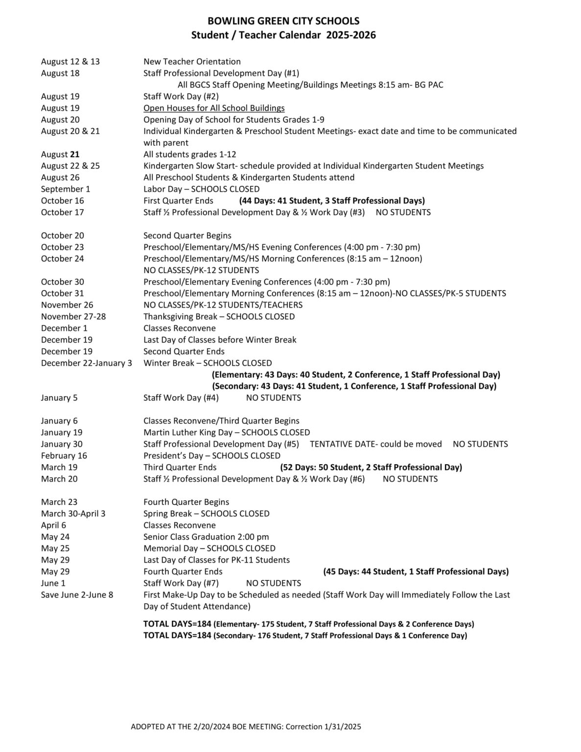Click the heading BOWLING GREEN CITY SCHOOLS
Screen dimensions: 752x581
(x=283, y=21)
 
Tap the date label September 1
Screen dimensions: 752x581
(x=66, y=189)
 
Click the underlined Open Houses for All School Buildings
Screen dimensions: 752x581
(x=214, y=108)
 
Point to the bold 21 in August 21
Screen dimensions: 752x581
(x=74, y=154)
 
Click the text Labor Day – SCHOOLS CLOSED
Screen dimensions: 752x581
(x=201, y=189)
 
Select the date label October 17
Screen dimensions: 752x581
(x=63, y=212)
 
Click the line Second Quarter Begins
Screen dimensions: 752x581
(x=187, y=235)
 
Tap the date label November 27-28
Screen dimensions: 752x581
(x=73, y=317)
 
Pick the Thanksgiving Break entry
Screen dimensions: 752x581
(x=219, y=317)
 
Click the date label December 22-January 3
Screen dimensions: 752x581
(x=87, y=363)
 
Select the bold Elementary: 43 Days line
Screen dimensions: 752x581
(x=356, y=375)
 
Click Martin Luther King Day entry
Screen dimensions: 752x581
(x=226, y=433)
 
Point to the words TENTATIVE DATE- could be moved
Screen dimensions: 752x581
(x=375, y=445)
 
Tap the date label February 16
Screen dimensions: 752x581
(x=64, y=456)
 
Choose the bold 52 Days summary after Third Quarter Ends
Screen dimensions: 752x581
(x=371, y=468)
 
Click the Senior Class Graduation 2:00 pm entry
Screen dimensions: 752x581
(x=206, y=537)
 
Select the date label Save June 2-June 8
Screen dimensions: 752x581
(x=77, y=595)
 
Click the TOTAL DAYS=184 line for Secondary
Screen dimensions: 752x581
(x=305, y=636)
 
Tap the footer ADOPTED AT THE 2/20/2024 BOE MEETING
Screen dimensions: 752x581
(x=246, y=727)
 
